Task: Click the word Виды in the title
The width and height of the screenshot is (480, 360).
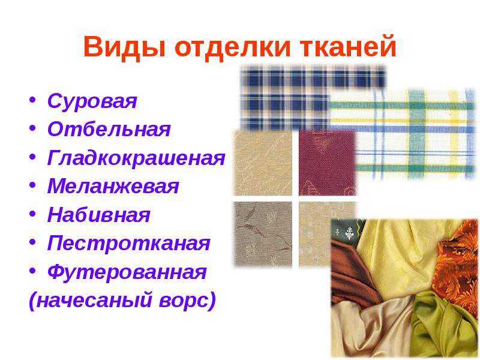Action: tap(124, 47)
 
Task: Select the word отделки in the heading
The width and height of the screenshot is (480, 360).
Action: tap(232, 47)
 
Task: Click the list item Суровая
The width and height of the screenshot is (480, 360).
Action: tap(92, 101)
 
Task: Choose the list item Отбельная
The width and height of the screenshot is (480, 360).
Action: tap(109, 129)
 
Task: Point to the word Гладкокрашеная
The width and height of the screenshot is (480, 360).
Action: tap(136, 158)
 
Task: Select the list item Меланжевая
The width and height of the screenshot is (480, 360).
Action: tap(113, 185)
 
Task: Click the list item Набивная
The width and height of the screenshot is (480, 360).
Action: tap(99, 215)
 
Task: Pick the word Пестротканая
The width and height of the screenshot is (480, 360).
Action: tap(129, 244)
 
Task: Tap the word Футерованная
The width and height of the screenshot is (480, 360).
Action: tap(127, 271)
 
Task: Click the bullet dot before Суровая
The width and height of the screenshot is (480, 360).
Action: tap(32, 100)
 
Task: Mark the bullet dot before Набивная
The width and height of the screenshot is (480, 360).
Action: tap(32, 214)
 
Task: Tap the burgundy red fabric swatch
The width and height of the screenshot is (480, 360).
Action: tap(328, 163)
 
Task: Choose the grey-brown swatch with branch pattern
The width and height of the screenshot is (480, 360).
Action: tap(263, 234)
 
